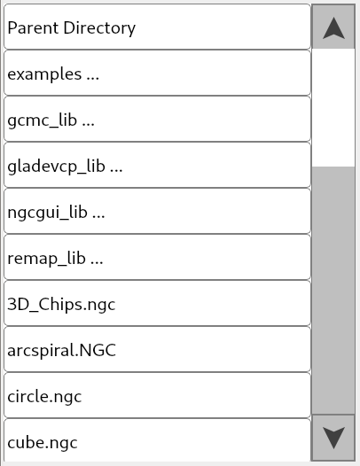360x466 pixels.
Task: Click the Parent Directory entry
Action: [x=157, y=27]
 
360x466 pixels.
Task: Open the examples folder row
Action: [x=157, y=74]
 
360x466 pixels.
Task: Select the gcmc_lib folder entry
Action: [x=157, y=120]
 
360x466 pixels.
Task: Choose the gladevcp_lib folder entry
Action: [x=157, y=166]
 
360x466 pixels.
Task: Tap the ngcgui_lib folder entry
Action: [x=157, y=212]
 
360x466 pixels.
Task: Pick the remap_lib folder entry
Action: [x=157, y=258]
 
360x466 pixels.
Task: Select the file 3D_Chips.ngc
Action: [x=157, y=304]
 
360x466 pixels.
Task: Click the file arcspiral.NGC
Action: [x=157, y=350]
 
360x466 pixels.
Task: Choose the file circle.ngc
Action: [x=157, y=396]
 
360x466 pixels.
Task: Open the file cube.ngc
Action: [x=157, y=441]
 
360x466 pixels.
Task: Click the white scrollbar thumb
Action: [x=333, y=106]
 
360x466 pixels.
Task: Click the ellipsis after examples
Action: [x=92, y=76]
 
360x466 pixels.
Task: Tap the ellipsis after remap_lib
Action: [x=97, y=260]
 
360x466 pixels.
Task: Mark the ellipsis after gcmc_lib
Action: [x=87, y=122]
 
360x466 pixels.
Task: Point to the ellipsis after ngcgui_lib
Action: [x=98, y=214]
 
